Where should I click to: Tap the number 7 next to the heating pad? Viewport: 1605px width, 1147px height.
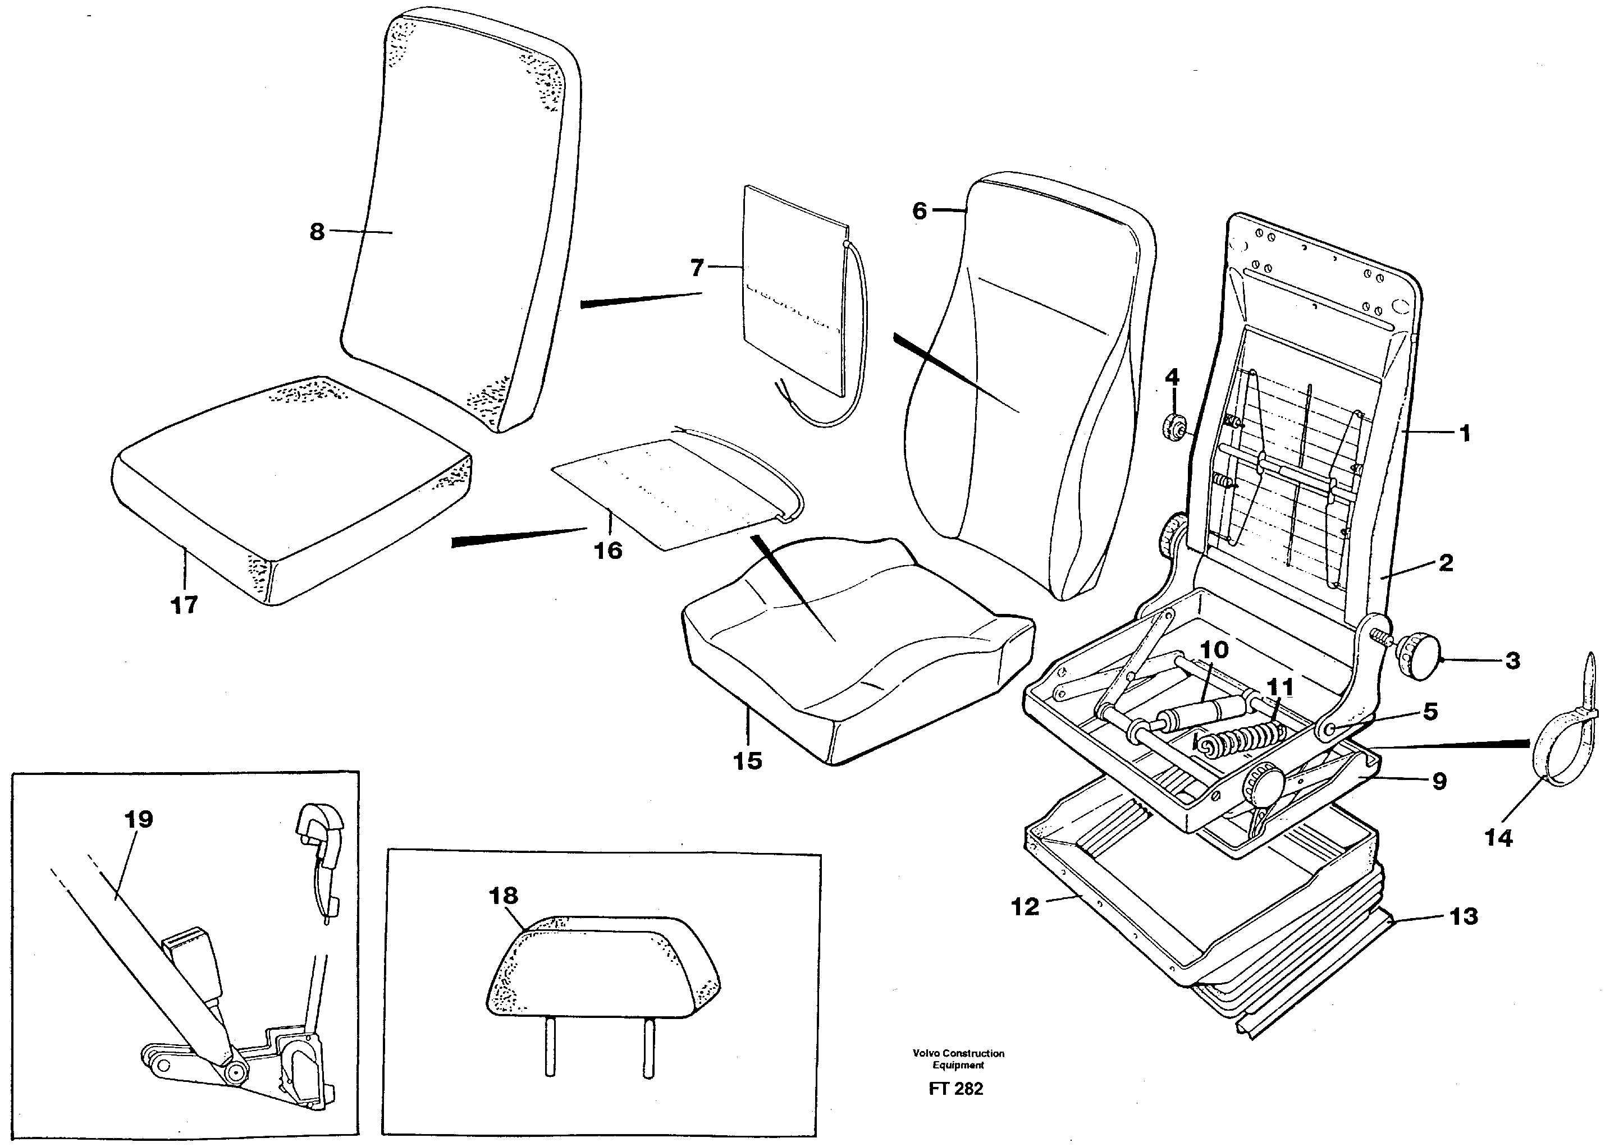pos(697,268)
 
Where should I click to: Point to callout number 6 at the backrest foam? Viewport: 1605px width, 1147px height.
pos(919,210)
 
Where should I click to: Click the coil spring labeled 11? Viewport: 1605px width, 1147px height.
pos(1236,743)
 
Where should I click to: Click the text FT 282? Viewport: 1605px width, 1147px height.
pos(956,1089)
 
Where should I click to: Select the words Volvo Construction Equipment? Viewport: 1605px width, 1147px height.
pos(958,1059)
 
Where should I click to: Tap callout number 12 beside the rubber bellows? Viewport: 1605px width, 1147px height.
pos(1025,907)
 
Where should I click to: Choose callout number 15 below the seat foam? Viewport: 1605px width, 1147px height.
pos(747,761)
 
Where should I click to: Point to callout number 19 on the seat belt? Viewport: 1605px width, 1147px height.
pos(139,819)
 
